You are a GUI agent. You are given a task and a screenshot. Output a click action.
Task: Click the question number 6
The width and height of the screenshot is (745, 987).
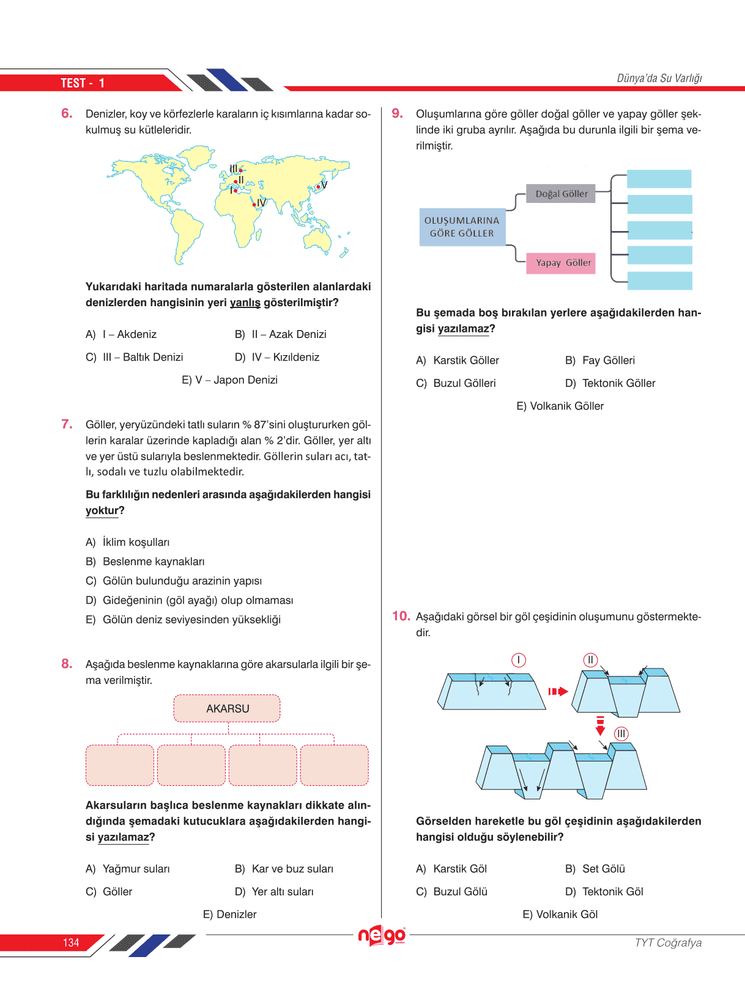67,114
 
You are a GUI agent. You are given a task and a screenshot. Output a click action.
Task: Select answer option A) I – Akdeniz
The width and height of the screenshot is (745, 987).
121,334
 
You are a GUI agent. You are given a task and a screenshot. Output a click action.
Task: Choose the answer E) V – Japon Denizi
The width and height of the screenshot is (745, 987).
229,380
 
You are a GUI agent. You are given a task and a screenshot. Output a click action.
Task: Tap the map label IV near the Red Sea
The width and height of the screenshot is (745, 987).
261,203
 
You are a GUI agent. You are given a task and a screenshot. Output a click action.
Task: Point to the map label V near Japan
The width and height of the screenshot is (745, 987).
324,185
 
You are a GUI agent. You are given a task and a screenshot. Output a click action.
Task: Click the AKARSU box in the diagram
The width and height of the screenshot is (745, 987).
227,708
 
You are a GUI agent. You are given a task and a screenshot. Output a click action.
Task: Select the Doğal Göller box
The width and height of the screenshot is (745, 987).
561,194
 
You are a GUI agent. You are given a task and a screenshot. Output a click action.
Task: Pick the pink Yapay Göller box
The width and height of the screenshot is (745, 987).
561,263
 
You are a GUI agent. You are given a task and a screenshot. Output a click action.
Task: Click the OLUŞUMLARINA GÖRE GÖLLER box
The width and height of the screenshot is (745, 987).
462,227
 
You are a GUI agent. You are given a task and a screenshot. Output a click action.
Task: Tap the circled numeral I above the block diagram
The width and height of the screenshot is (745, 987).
518,660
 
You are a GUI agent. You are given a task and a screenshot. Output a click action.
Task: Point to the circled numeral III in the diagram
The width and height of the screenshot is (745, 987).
621,733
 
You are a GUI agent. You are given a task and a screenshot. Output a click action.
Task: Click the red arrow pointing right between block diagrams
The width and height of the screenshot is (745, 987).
558,692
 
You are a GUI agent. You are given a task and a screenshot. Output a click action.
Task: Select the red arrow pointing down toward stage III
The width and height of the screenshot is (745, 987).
600,726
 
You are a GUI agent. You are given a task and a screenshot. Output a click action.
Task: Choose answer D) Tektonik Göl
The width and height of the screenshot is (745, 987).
604,892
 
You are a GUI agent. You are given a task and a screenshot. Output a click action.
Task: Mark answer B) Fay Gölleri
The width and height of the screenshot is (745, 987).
600,361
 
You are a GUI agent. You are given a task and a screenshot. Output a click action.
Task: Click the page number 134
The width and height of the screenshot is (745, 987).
71,943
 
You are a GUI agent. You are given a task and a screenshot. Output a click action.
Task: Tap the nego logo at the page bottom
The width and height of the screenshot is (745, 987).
382,936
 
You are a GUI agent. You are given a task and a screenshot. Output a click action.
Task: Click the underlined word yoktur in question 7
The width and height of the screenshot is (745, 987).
102,510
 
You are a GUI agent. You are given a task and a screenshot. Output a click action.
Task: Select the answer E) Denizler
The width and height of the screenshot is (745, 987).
229,914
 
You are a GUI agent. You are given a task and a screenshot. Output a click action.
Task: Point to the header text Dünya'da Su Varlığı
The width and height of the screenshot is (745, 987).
659,78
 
